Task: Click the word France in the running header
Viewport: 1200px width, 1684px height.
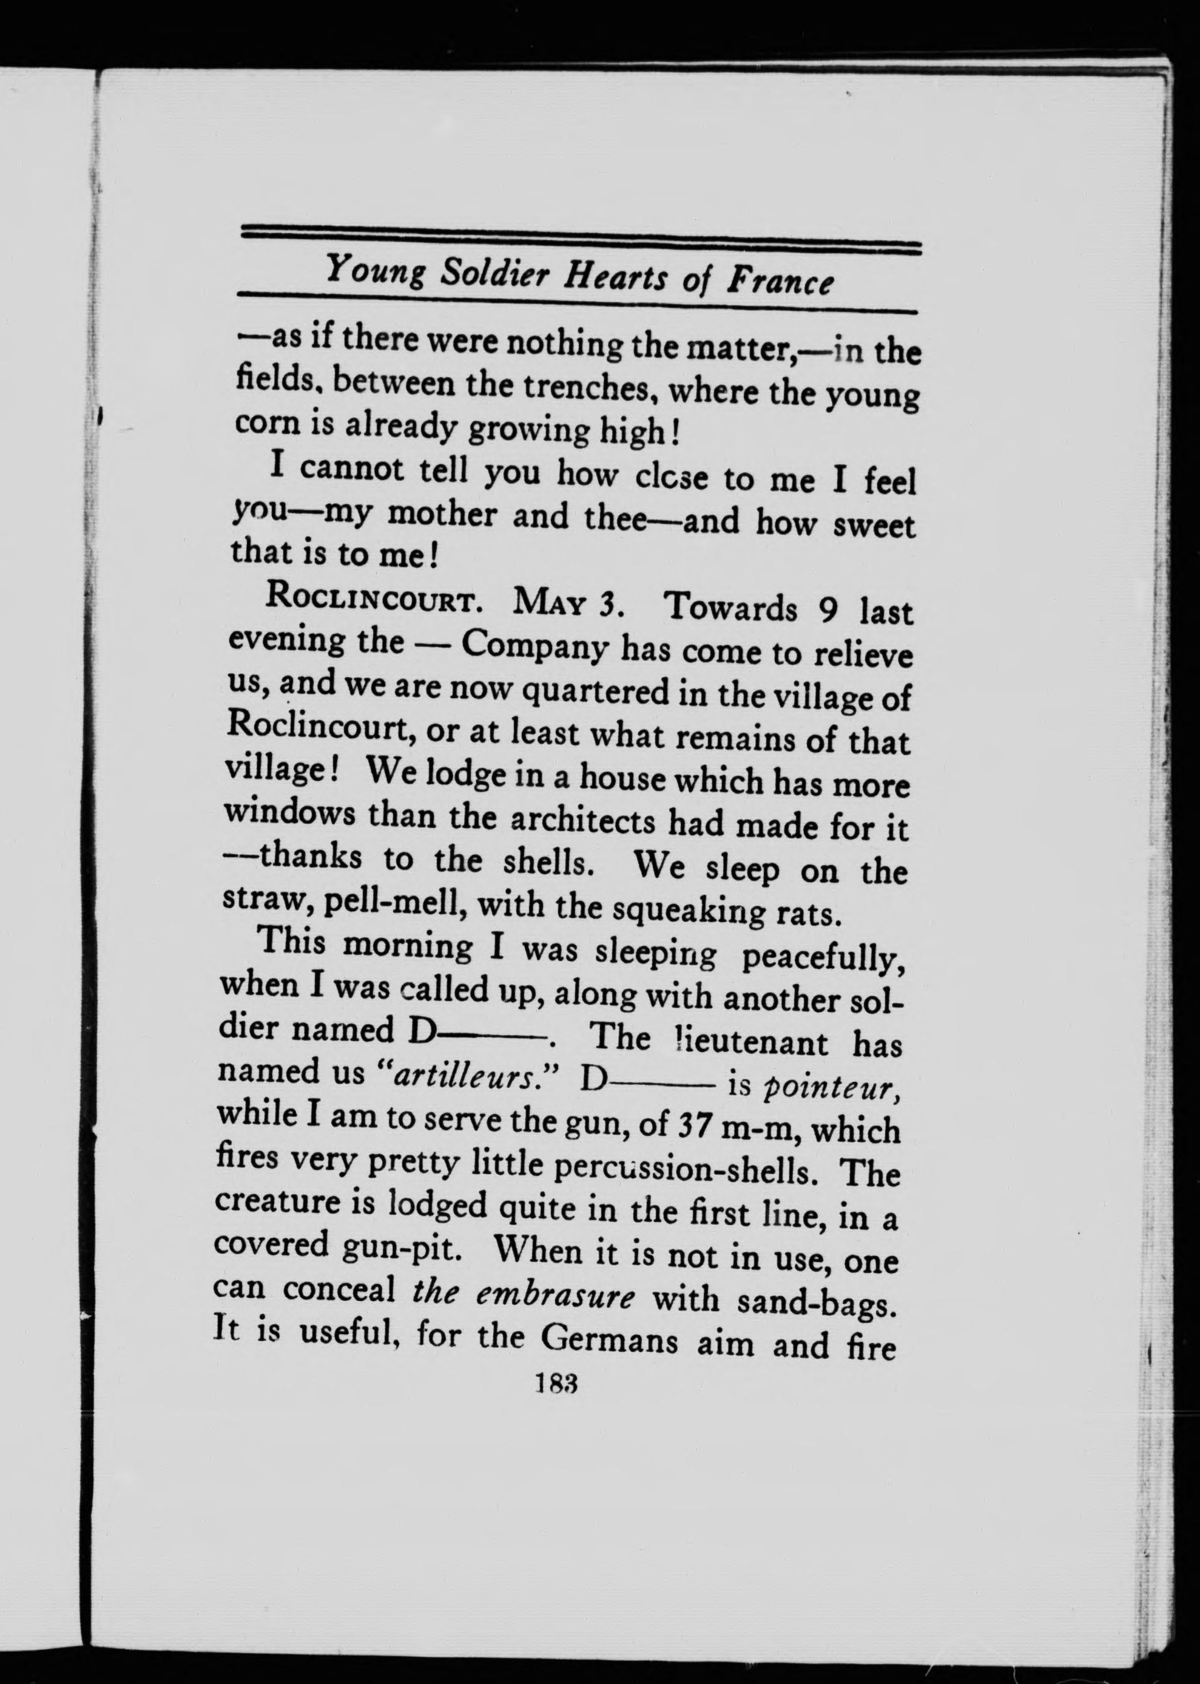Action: pos(780,282)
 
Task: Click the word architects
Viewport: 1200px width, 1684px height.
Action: pos(576,818)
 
